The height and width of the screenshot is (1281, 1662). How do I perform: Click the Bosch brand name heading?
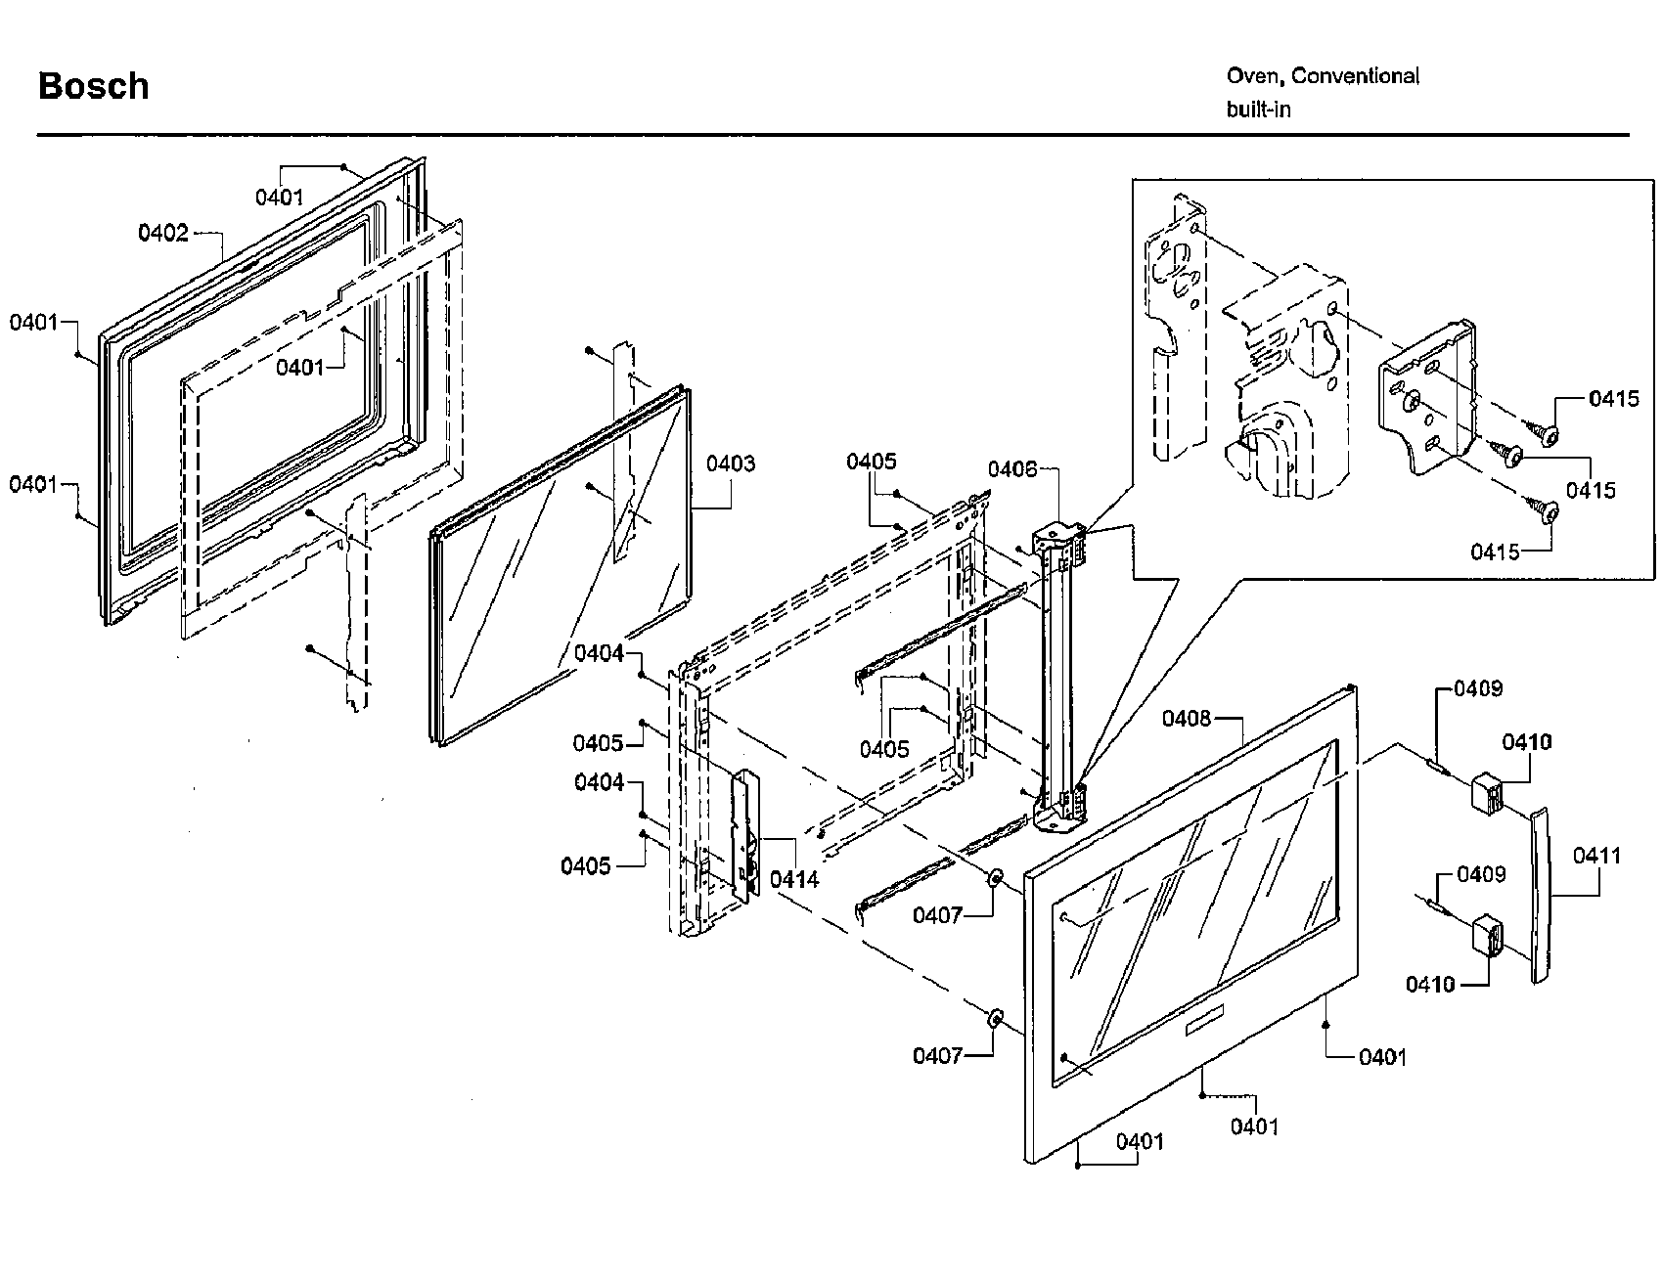point(93,86)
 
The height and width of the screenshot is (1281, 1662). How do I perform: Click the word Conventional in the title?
point(1356,76)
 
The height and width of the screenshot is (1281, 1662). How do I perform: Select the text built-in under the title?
point(1258,110)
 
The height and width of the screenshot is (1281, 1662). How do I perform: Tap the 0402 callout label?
point(162,233)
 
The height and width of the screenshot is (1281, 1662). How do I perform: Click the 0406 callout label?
point(1011,469)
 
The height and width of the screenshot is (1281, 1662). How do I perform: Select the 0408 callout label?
point(1186,719)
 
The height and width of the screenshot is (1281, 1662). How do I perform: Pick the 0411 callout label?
point(1596,856)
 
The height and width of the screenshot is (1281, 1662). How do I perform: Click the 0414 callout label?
point(793,879)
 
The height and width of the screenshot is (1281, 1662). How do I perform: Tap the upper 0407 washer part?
point(995,877)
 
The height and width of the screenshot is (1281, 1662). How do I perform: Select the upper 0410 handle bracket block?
point(1487,792)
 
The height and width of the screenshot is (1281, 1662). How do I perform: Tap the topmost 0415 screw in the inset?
point(1544,432)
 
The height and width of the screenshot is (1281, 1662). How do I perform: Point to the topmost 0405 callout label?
point(871,462)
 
